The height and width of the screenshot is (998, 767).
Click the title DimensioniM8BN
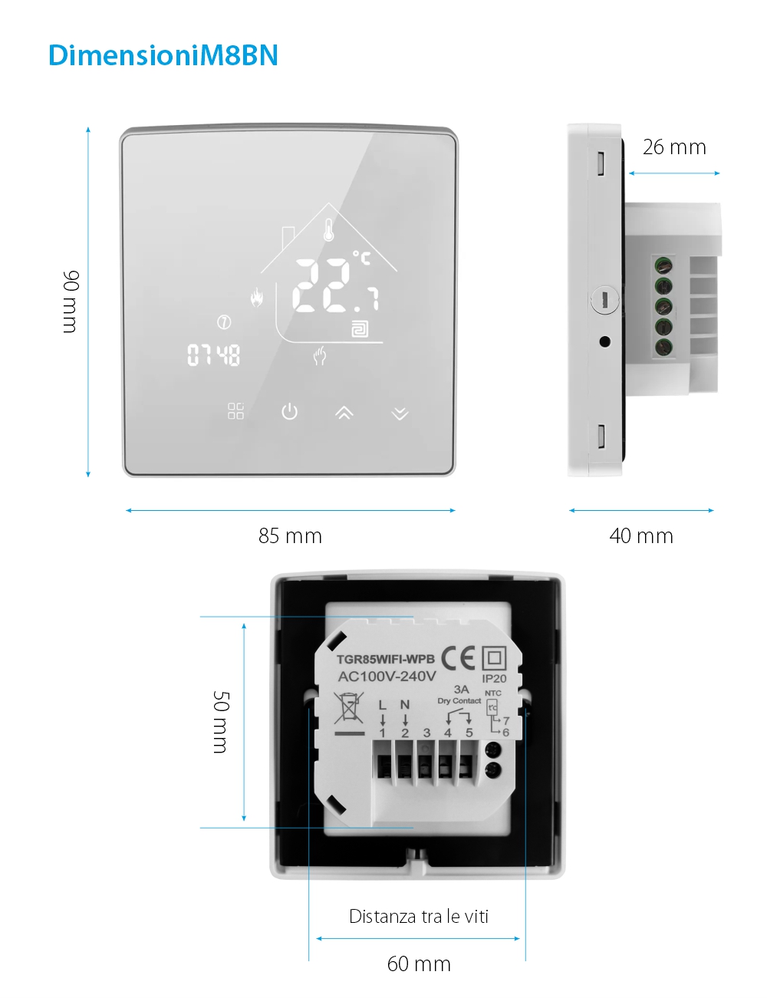point(163,55)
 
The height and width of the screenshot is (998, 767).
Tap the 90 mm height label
point(70,301)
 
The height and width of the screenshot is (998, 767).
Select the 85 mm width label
point(290,535)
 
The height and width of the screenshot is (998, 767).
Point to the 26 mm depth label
point(674,147)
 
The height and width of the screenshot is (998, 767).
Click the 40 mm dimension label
point(641,535)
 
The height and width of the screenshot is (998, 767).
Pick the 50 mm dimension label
point(220,721)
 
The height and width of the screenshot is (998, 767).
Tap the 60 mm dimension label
point(419,963)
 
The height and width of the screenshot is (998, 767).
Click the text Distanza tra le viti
point(419,916)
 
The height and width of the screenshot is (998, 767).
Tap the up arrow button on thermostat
point(344,413)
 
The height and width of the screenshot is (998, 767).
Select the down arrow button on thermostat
point(400,413)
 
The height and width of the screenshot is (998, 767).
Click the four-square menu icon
point(235,411)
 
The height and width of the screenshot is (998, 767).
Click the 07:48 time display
point(214,354)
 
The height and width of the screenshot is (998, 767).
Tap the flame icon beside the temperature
point(256,297)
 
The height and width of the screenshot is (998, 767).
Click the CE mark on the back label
point(458,657)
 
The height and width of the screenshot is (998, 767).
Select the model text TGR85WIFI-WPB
point(385,659)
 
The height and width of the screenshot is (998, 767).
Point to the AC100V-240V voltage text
point(387,677)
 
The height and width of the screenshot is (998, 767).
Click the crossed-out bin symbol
point(349,707)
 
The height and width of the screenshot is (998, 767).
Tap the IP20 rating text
point(494,678)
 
